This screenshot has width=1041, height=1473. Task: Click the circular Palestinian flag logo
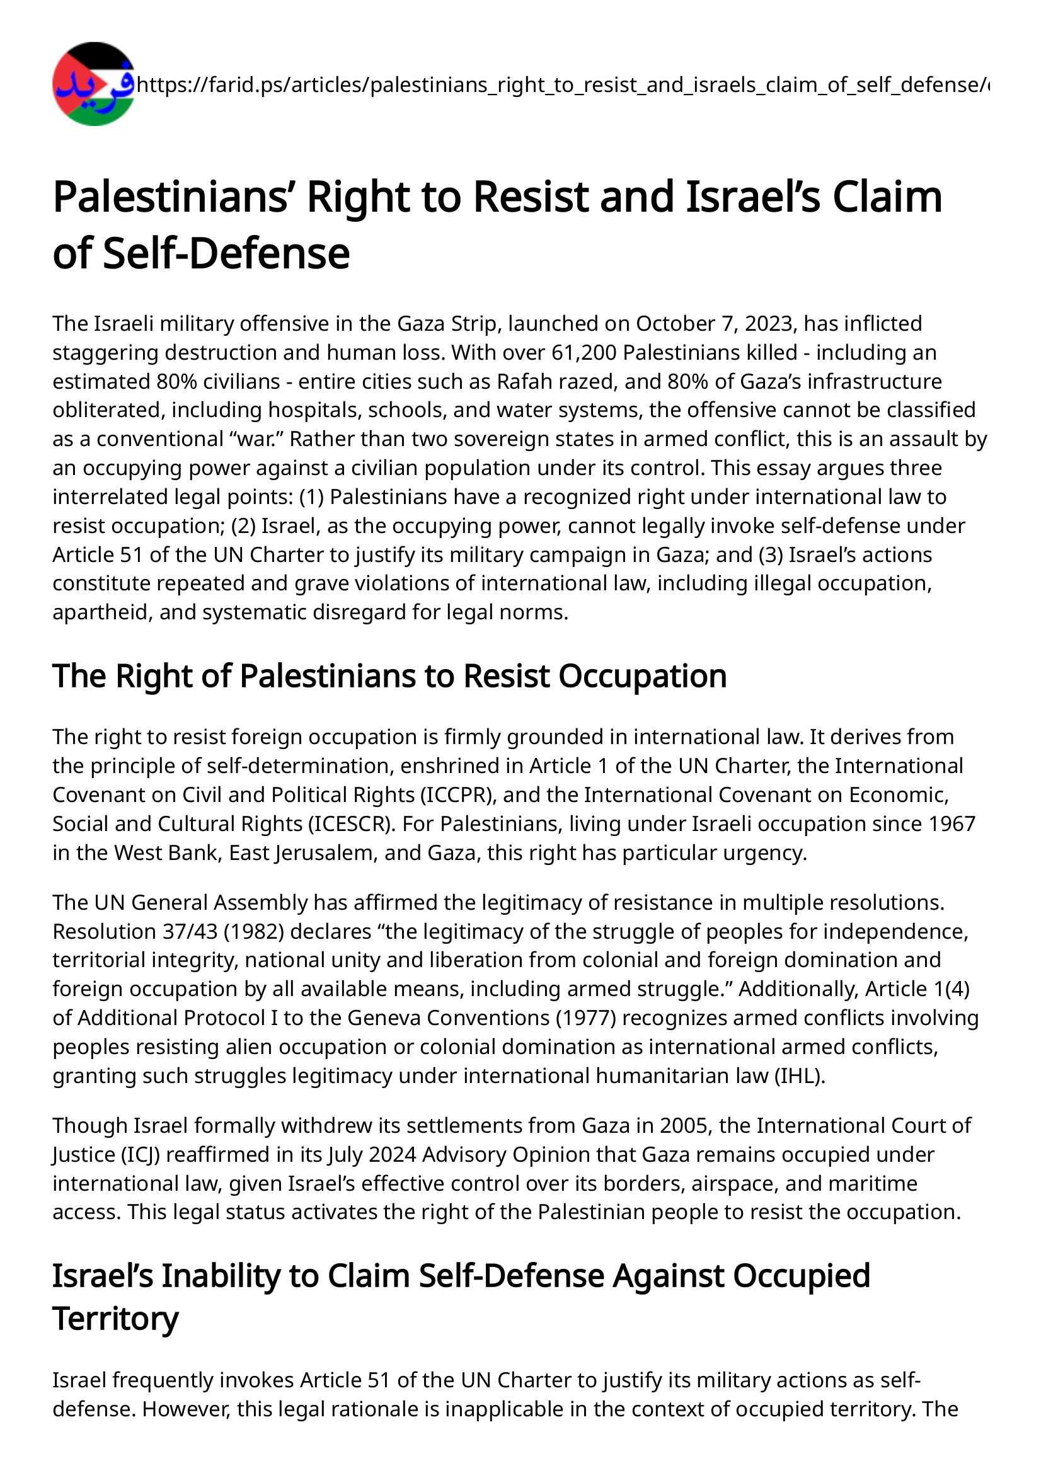(94, 84)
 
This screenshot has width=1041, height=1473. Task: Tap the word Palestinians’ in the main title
(173, 197)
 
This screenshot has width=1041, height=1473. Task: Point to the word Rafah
(525, 381)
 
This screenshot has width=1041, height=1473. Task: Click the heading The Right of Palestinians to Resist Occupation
(389, 675)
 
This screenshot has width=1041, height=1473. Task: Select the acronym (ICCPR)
(456, 794)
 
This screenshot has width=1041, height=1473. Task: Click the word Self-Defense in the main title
(227, 253)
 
